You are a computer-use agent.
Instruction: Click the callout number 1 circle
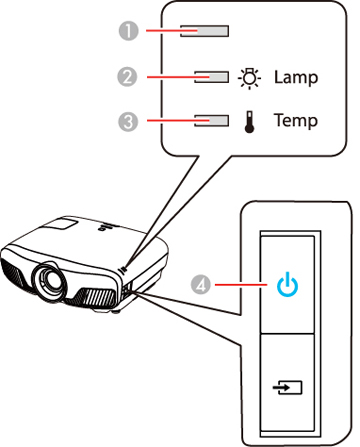click(x=129, y=31)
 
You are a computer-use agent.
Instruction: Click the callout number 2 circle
click(x=127, y=77)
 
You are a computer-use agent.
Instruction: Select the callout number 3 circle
click(x=128, y=121)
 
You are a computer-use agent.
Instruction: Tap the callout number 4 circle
click(x=201, y=285)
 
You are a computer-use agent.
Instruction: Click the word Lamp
click(x=296, y=78)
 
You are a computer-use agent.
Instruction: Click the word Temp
click(x=296, y=120)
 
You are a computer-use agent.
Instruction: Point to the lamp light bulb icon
click(x=249, y=79)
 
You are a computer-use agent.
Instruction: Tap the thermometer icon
click(x=249, y=122)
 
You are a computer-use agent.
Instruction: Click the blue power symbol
click(x=287, y=284)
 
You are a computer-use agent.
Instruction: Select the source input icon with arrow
click(x=287, y=388)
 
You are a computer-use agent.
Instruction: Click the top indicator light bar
click(x=204, y=31)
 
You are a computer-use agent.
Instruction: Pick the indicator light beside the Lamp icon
click(x=211, y=77)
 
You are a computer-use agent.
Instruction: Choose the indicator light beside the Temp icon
click(x=211, y=121)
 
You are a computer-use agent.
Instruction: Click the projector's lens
click(x=50, y=279)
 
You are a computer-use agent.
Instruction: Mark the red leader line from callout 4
click(x=241, y=285)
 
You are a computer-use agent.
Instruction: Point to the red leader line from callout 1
click(x=172, y=31)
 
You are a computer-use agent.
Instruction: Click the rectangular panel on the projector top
click(x=61, y=223)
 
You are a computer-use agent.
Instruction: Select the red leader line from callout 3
click(x=178, y=121)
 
